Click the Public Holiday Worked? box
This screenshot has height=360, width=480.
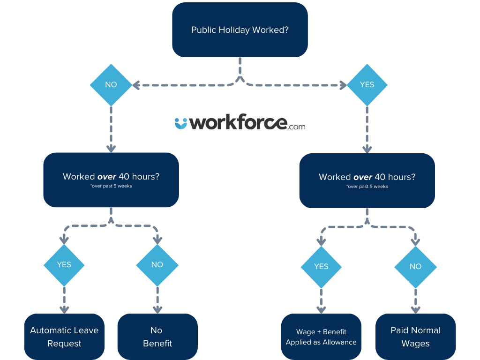coord(240,30)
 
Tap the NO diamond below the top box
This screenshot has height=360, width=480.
coord(111,85)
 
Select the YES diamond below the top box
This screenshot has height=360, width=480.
coord(367,85)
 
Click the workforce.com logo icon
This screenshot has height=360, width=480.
coord(180,123)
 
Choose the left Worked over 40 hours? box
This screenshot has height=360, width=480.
coord(111,180)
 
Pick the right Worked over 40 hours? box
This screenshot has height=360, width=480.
coord(367,180)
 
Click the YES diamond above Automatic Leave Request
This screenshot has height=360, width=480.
coord(64,265)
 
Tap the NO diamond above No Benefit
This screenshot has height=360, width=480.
coord(157,265)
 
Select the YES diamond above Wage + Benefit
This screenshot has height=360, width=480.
coord(321,266)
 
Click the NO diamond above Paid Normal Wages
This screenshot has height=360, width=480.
coord(415,266)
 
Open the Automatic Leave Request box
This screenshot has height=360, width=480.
coord(64,337)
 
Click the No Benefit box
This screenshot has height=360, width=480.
coord(157,337)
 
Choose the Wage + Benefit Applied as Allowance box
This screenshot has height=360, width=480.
coord(321,337)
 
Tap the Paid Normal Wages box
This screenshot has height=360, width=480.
coord(415,337)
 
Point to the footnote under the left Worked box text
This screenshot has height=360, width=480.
coord(111,187)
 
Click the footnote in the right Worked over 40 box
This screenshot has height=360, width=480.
coord(367,187)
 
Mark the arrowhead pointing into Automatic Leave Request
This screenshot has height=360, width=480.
coord(64,309)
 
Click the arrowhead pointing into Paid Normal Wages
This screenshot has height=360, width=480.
coord(415,309)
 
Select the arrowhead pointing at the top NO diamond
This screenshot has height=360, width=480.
coord(136,85)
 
